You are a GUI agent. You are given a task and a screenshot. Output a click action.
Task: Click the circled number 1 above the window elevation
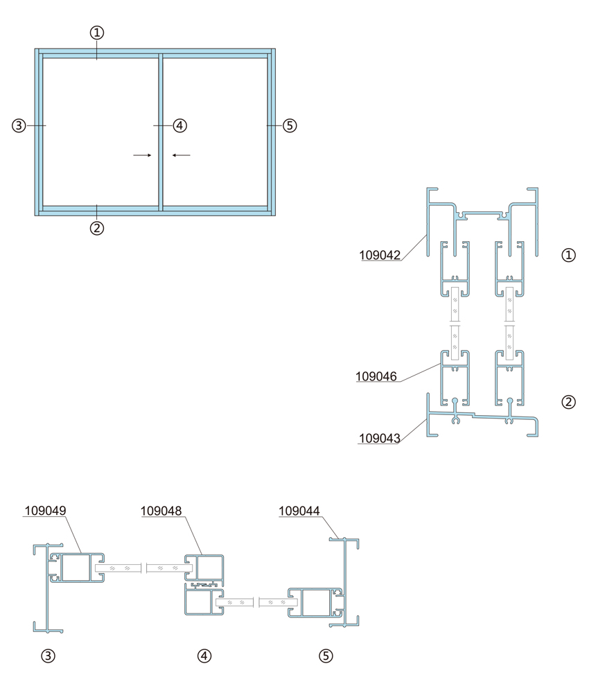tap(97, 33)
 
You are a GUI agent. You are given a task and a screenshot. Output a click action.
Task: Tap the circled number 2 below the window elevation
tap(97, 228)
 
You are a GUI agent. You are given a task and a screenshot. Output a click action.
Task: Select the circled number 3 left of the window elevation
tap(19, 125)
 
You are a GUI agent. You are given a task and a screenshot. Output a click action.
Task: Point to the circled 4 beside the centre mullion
tap(180, 125)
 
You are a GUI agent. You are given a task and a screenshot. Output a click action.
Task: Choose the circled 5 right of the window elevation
tap(290, 125)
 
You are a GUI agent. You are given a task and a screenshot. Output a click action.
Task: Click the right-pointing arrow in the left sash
tap(143, 155)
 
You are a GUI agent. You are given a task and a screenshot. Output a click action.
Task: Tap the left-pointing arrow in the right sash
tap(182, 155)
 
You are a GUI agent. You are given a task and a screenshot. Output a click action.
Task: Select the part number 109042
tap(380, 255)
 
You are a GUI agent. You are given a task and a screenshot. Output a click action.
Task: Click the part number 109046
tap(376, 377)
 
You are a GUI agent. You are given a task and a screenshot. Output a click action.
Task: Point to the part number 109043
tap(380, 439)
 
